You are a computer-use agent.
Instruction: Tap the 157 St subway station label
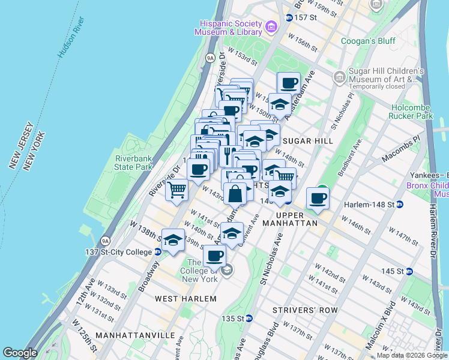[x=304, y=17]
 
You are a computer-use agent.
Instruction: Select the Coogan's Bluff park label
[x=366, y=41]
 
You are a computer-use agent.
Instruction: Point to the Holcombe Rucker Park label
[x=411, y=111]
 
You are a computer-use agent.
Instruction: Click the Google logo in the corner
[x=20, y=353]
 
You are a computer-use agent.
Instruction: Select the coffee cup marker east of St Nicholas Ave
[x=318, y=198]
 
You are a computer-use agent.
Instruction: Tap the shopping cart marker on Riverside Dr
[x=176, y=190]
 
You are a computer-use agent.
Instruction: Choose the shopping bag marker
[x=235, y=194]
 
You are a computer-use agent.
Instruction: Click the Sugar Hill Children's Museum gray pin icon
[x=340, y=77]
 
